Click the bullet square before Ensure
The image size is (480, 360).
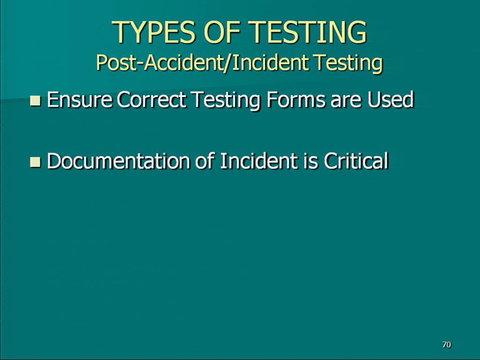coord(36,101)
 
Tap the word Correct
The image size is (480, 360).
coord(151,100)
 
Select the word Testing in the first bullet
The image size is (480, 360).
coord(226,100)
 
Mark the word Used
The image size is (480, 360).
coord(390,100)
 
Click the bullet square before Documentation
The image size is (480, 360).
coord(36,162)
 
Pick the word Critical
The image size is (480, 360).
coord(356,161)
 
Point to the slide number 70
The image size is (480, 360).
coord(447,345)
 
